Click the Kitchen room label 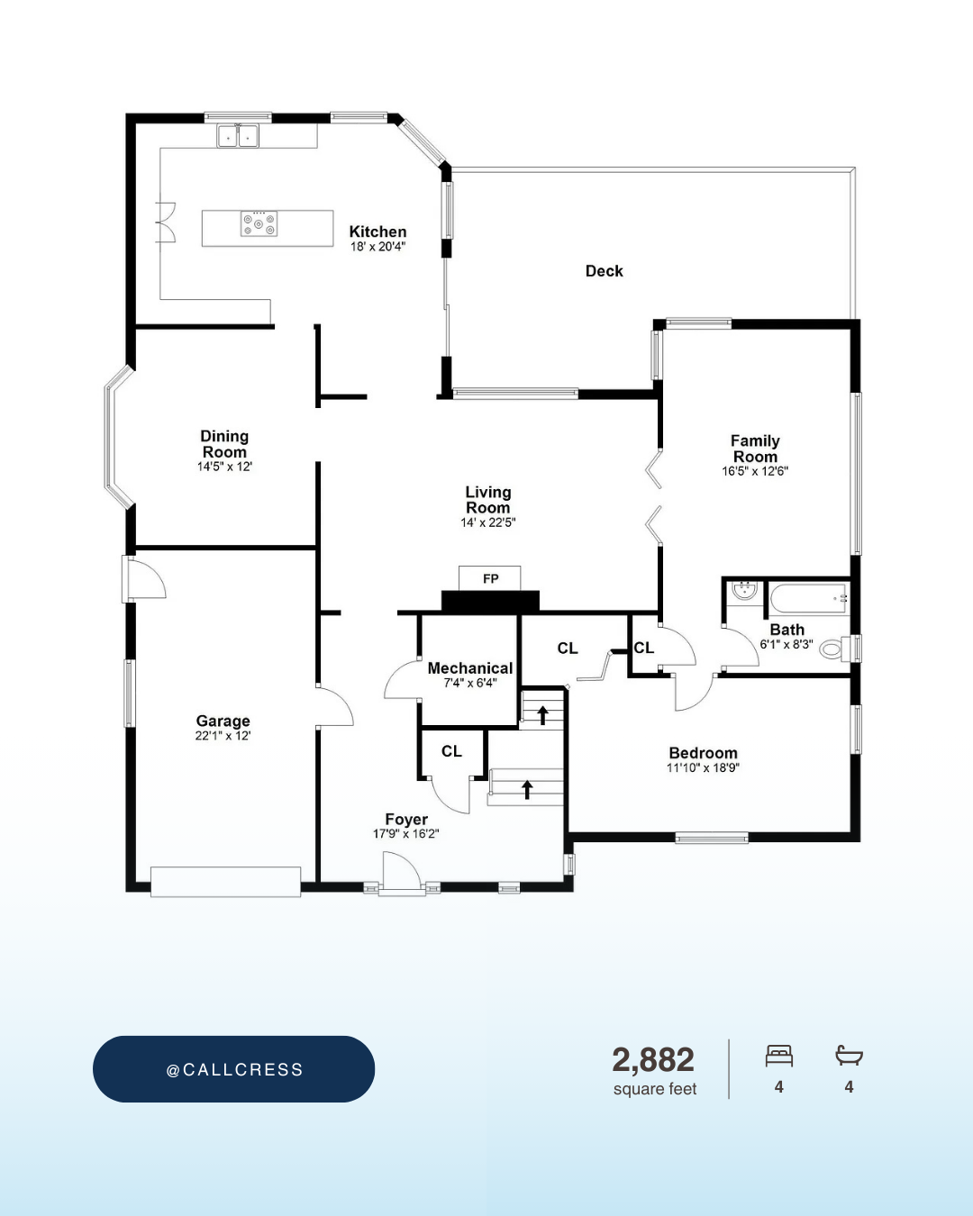377,231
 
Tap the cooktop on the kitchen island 259,223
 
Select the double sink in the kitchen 238,136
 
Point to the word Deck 604,271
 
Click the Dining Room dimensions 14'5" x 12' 224,467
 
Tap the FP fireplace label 490,578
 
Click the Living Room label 488,500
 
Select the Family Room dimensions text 755,471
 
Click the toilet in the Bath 835,649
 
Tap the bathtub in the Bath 808,600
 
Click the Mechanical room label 469,668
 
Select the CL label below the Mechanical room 451,751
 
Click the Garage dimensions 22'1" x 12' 223,736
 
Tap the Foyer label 406,820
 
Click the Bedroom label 703,753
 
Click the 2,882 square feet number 653,1059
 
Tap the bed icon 779,1056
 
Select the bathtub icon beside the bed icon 850,1055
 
